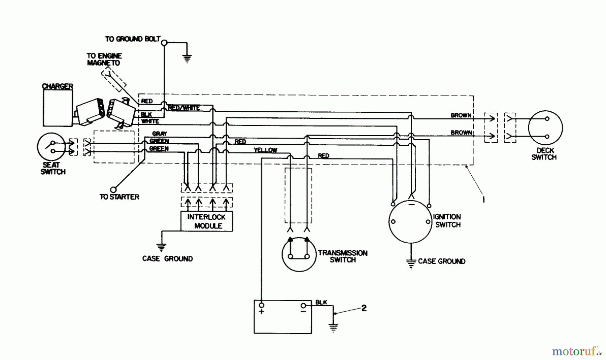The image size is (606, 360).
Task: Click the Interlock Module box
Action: click(x=206, y=221)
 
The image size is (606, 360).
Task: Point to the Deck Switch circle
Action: click(x=545, y=128)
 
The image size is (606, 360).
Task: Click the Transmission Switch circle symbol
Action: click(x=298, y=255)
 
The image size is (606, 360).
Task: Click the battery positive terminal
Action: click(x=261, y=305)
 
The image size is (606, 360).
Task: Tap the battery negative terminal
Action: click(x=303, y=305)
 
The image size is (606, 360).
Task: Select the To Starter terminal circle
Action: click(x=113, y=190)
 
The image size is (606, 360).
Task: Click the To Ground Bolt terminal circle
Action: click(x=164, y=43)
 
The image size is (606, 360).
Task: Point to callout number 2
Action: click(x=364, y=308)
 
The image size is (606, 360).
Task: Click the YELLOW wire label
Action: click(x=265, y=150)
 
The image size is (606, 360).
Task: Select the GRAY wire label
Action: click(x=159, y=134)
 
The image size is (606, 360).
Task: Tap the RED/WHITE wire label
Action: click(x=184, y=108)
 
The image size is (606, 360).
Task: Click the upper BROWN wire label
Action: click(x=461, y=115)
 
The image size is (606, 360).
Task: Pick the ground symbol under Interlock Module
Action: click(x=162, y=248)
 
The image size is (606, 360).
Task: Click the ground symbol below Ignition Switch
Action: click(x=411, y=263)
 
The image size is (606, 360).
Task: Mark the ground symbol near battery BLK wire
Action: click(x=333, y=327)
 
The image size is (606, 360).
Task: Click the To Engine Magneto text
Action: click(x=104, y=59)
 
